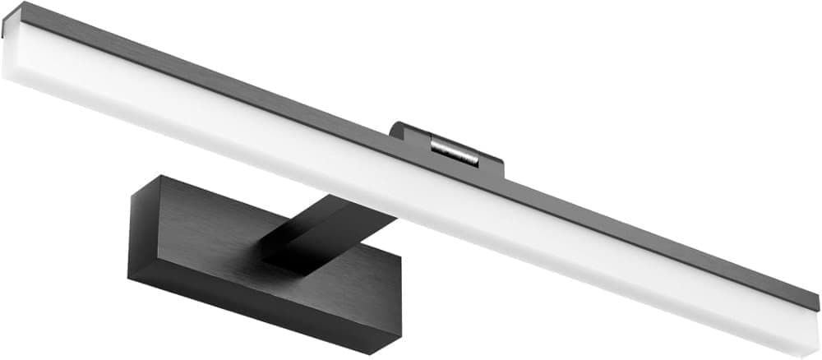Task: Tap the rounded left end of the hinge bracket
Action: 395,129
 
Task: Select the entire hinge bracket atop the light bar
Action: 448,148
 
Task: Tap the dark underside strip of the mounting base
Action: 247,316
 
